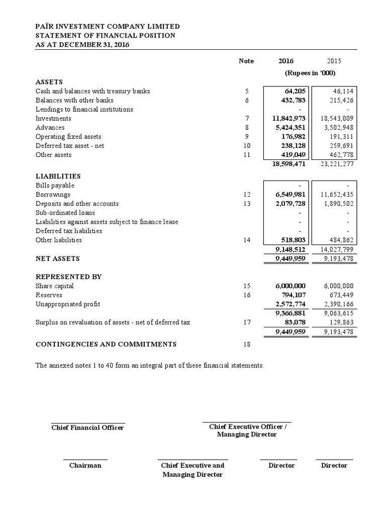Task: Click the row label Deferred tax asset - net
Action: click(x=70, y=146)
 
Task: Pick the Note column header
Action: click(x=246, y=61)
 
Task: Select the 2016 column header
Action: click(x=286, y=61)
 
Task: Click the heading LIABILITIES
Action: click(x=58, y=177)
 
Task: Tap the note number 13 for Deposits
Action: click(x=246, y=204)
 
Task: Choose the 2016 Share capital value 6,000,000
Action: click(x=290, y=286)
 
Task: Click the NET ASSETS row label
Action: click(x=58, y=259)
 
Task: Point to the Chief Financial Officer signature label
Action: click(x=88, y=427)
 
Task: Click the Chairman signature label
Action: click(x=85, y=466)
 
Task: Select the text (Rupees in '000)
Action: click(x=310, y=73)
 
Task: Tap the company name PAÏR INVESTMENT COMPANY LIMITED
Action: click(x=108, y=27)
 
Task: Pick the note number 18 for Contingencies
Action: click(x=246, y=345)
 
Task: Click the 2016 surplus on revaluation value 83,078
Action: click(x=294, y=322)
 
